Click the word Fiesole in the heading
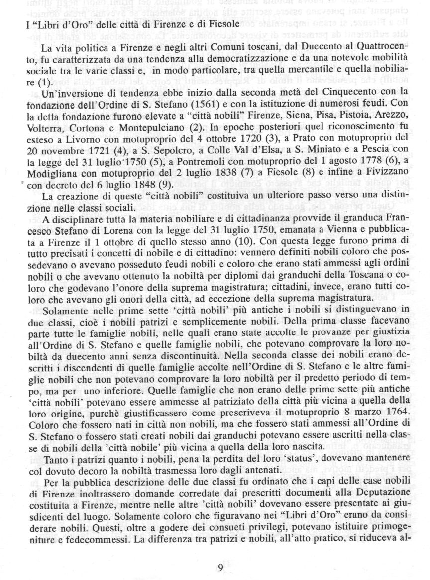217,23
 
